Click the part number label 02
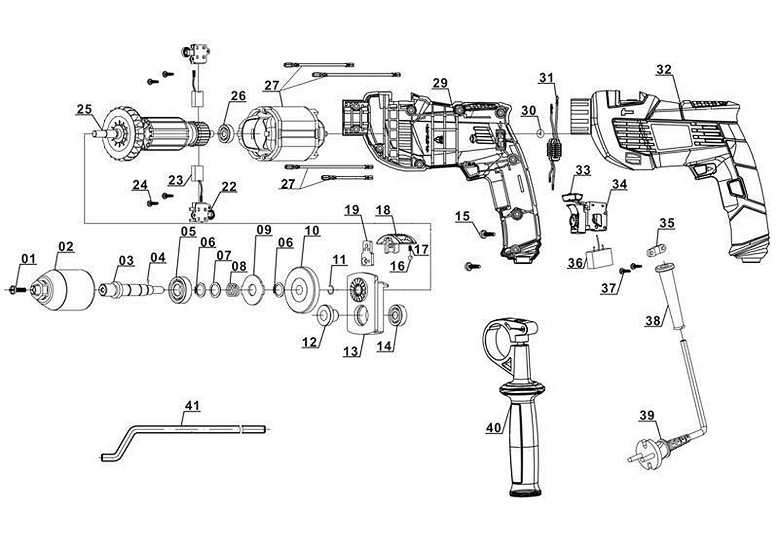coord(66,247)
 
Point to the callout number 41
coord(193,405)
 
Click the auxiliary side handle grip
coord(522,448)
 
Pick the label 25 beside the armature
coord(84,109)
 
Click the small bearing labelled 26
coord(225,132)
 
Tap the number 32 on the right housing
coord(664,70)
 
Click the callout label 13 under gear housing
coord(351,351)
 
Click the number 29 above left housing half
coord(440,83)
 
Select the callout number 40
coord(493,427)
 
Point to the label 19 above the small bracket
coord(352,210)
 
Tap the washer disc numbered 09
coord(252,291)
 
